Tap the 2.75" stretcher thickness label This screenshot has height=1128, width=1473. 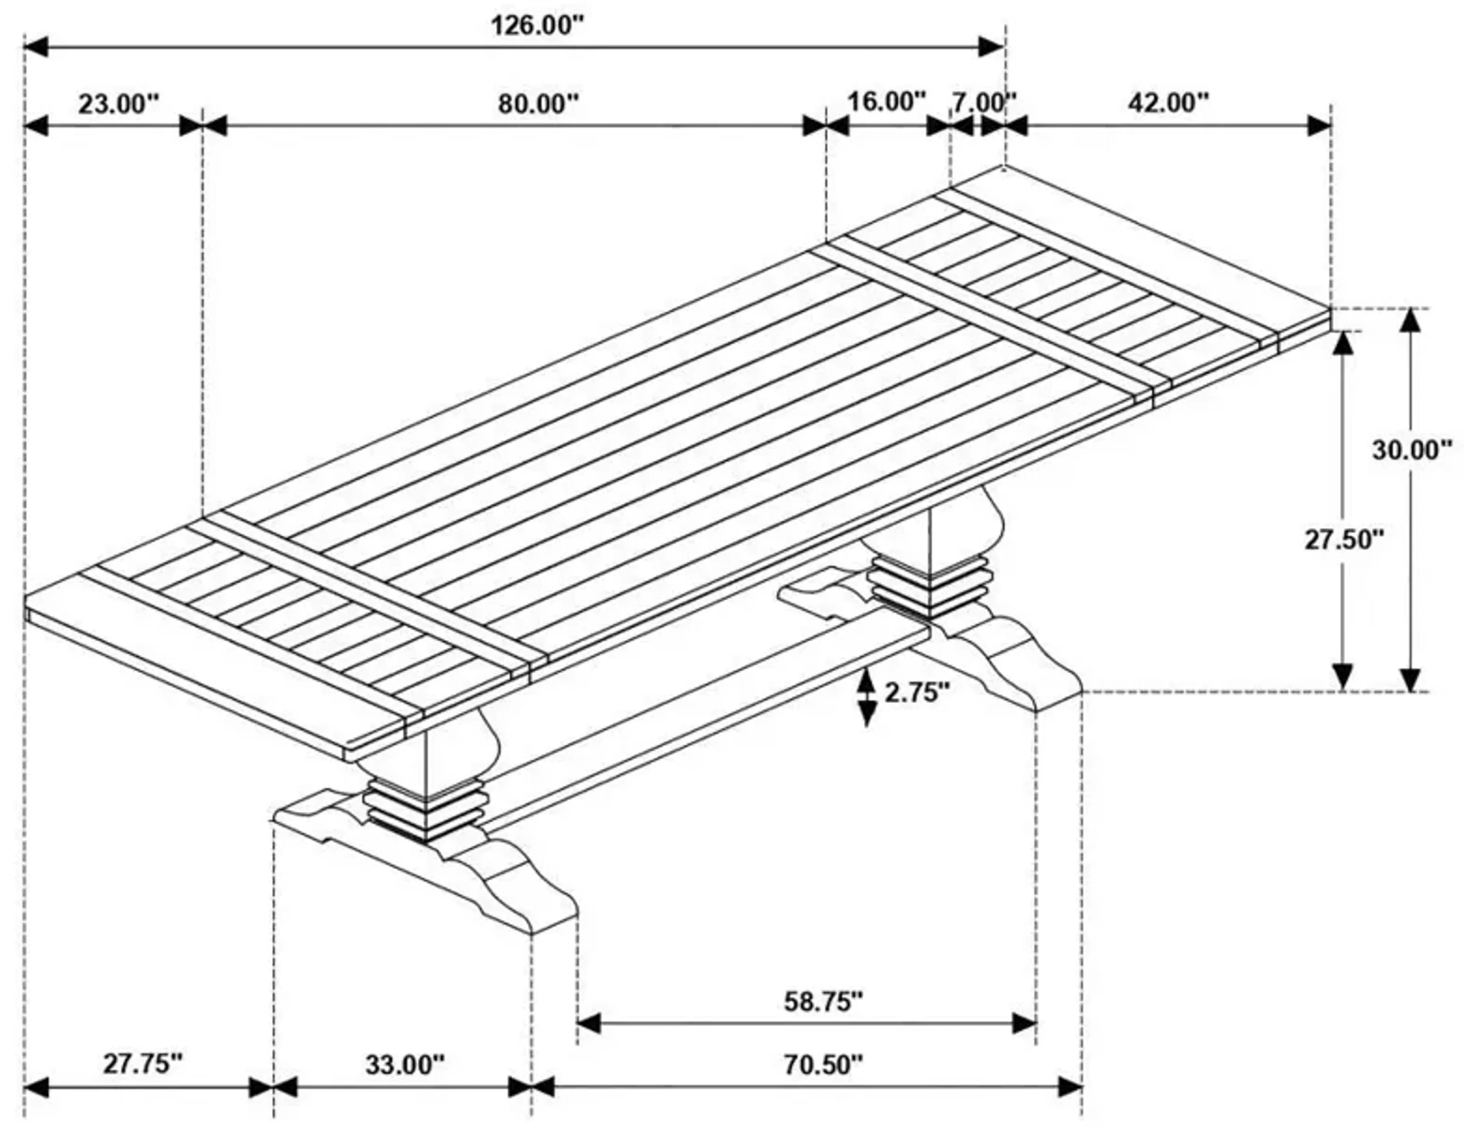click(x=917, y=692)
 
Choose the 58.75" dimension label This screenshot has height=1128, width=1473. click(x=823, y=1002)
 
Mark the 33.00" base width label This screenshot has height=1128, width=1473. click(x=405, y=1065)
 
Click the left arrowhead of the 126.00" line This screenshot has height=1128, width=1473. click(x=35, y=47)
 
